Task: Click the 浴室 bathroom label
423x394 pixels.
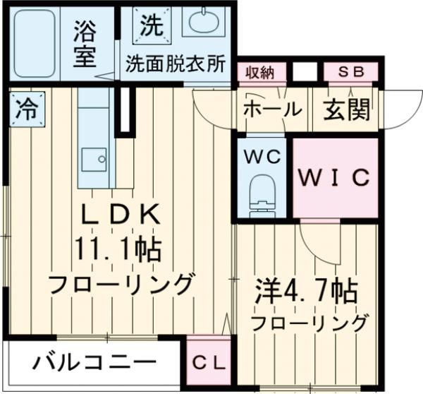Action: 85,43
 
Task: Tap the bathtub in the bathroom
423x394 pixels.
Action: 39,44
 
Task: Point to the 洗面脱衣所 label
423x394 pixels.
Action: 176,64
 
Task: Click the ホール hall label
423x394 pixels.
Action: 272,109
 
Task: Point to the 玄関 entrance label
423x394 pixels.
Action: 347,109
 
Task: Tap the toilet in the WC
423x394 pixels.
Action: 264,191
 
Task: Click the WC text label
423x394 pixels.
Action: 264,155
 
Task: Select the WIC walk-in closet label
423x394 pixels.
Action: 333,179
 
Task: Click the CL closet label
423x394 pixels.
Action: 209,364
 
